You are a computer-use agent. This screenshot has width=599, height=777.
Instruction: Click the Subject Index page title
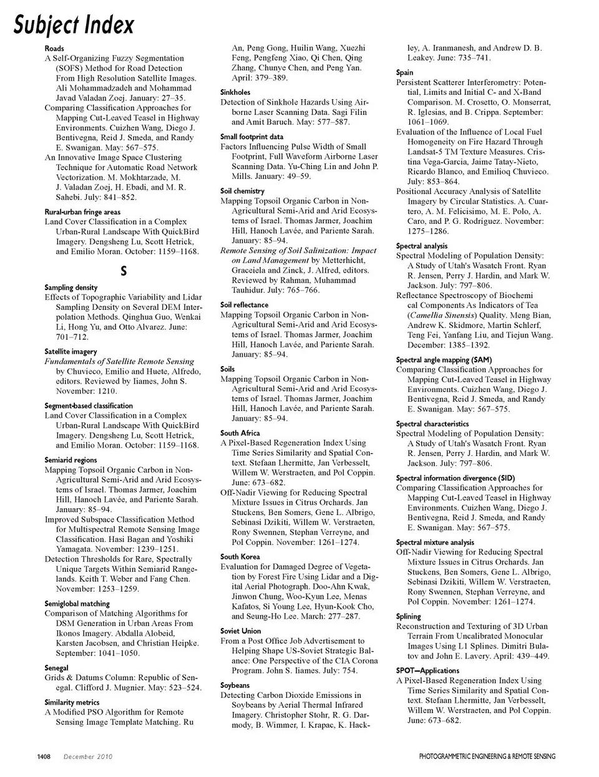(x=74, y=25)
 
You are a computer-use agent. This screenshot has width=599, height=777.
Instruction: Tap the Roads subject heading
(x=54, y=48)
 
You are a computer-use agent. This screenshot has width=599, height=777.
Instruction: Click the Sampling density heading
(x=71, y=287)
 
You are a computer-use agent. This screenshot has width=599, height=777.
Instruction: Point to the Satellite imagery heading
(x=71, y=352)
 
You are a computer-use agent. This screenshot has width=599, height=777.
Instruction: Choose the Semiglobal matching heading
(x=77, y=604)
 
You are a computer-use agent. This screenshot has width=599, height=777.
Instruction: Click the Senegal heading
(x=57, y=667)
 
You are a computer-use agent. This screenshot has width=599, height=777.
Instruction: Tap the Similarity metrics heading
(x=72, y=702)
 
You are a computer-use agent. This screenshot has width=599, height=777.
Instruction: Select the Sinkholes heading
(x=235, y=92)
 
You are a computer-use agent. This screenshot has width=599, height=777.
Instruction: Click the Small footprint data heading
(x=251, y=137)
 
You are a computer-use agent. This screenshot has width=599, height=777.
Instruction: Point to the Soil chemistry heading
(x=242, y=191)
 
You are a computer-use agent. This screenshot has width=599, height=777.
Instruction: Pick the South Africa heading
(x=240, y=433)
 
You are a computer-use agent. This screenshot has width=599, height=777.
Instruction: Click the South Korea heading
(x=240, y=556)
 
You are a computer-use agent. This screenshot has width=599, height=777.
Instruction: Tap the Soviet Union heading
(x=241, y=631)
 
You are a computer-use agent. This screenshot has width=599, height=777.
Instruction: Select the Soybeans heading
(x=235, y=685)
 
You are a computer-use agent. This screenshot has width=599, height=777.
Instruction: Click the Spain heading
(x=404, y=72)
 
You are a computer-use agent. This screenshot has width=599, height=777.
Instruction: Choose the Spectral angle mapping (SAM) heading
(x=444, y=360)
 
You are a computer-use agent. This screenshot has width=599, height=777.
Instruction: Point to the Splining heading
(x=409, y=617)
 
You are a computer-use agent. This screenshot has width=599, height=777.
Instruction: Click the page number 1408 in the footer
(x=44, y=756)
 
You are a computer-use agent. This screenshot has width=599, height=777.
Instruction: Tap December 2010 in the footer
(x=87, y=756)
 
